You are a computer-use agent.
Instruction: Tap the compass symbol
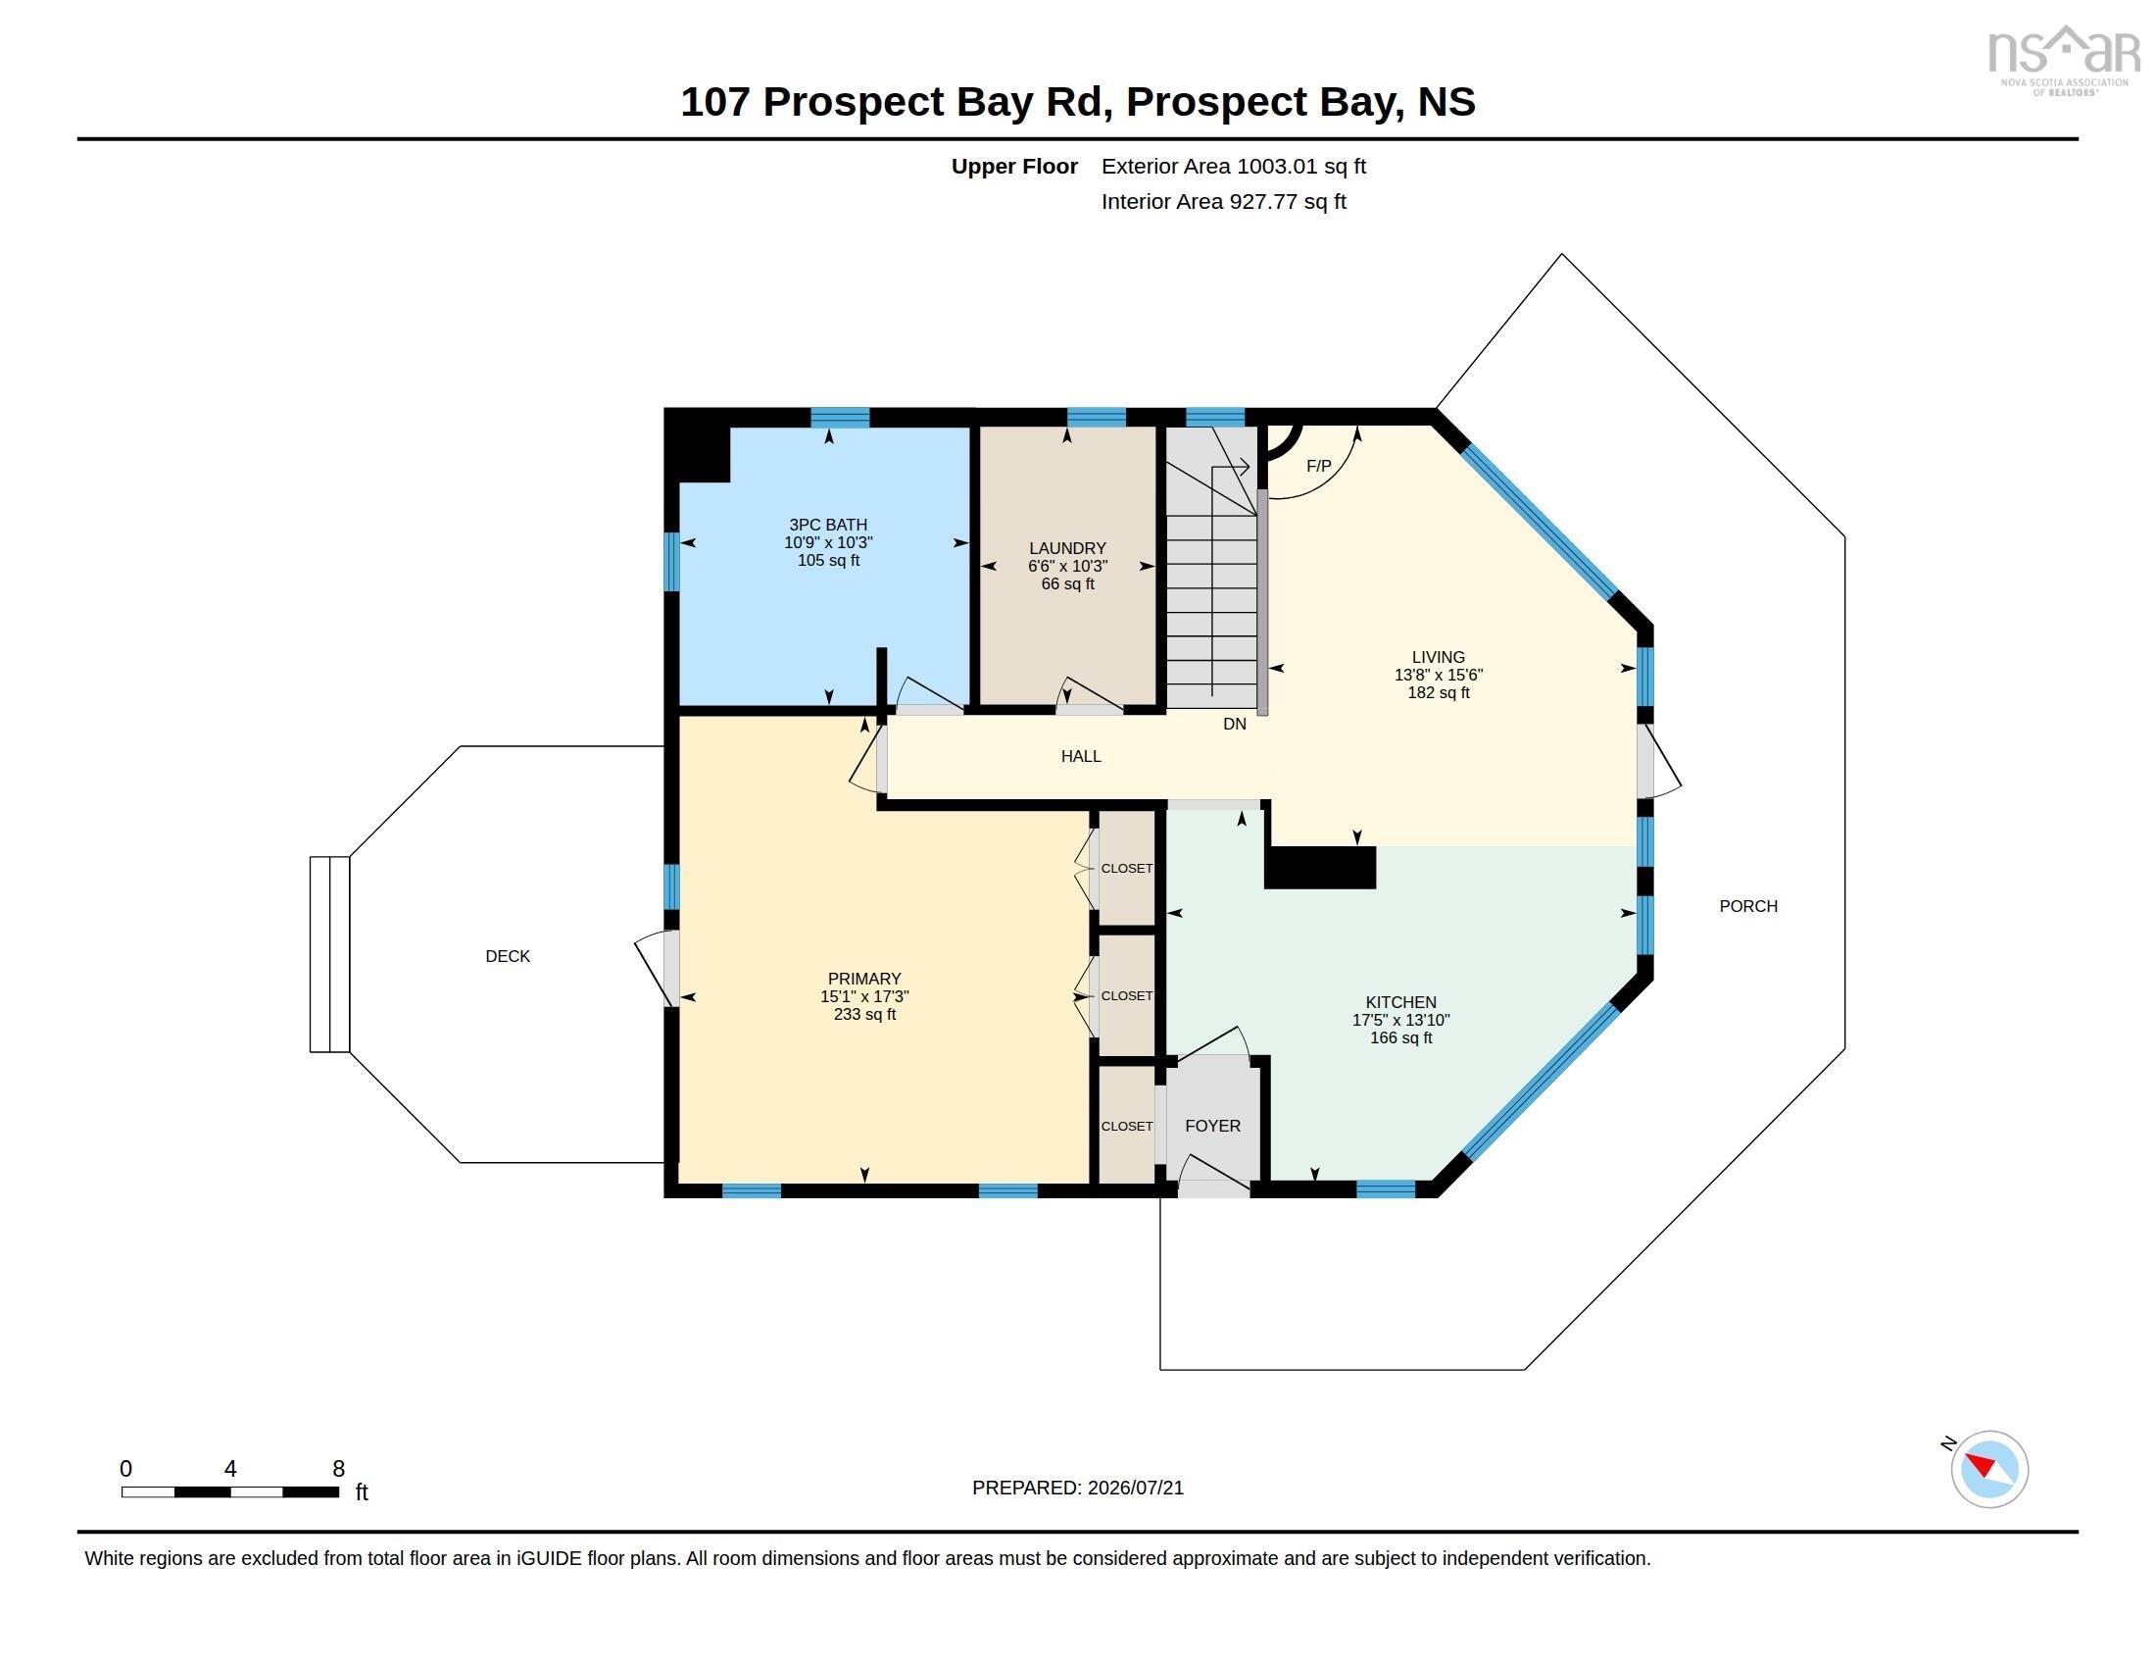1988,1469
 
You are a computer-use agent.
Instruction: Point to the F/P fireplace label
1319,466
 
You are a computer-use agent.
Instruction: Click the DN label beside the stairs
1235,724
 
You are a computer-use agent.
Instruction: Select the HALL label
1081,756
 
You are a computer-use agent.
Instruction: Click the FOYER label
1213,1126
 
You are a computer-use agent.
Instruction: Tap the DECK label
508,956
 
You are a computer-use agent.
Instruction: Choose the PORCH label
1748,907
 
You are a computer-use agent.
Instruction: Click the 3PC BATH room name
828,526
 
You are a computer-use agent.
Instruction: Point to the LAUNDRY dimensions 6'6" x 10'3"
1068,566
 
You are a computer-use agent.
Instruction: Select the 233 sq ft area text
864,1014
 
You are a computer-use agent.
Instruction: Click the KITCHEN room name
1400,1002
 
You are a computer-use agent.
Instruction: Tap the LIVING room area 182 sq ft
1439,692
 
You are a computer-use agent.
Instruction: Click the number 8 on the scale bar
339,1469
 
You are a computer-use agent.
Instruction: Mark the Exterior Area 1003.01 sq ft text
1234,166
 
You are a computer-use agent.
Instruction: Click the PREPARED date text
1078,1488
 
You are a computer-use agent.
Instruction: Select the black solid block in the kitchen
1321,867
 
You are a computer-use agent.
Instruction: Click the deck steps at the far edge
329,954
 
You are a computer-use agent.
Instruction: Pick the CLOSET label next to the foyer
1127,1126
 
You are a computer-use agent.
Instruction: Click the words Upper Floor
1014,166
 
